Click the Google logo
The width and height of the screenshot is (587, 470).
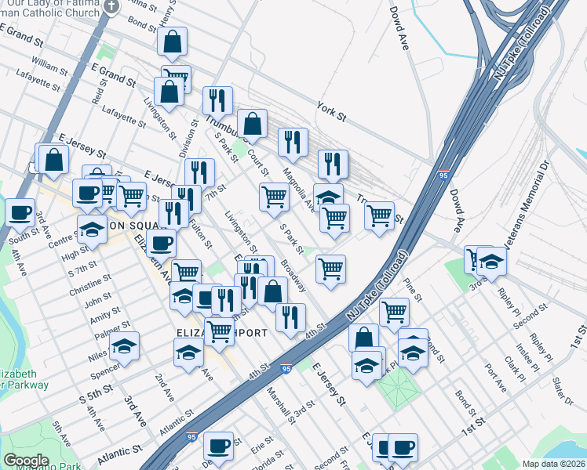(26, 461)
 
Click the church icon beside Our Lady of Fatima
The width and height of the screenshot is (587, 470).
(111, 7)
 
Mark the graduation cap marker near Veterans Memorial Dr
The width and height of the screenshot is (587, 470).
(491, 261)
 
